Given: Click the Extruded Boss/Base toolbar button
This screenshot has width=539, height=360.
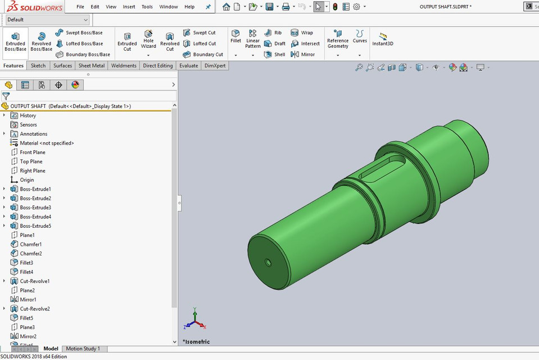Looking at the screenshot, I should pyautogui.click(x=15, y=42).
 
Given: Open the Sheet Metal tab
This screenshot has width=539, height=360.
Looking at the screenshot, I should pyautogui.click(x=91, y=66).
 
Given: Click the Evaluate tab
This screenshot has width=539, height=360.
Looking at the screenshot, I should pyautogui.click(x=188, y=66).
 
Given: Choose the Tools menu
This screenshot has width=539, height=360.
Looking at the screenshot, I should pyautogui.click(x=147, y=7).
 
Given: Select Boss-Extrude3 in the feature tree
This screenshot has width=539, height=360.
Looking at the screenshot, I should pyautogui.click(x=35, y=208).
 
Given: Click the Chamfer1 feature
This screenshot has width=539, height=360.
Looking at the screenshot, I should pyautogui.click(x=30, y=244).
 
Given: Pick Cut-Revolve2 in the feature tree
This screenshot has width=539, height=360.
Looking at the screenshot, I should pyautogui.click(x=35, y=309).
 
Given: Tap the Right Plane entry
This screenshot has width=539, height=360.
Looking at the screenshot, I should pyautogui.click(x=33, y=170).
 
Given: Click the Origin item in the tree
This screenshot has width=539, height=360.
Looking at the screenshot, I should pyautogui.click(x=27, y=180).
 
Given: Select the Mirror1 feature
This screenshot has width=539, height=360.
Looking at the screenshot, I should pyautogui.click(x=28, y=299).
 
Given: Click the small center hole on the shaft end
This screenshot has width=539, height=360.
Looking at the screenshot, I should pyautogui.click(x=268, y=262).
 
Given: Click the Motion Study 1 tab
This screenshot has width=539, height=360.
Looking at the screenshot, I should pyautogui.click(x=83, y=349).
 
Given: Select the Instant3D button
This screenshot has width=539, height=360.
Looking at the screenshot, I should pyautogui.click(x=382, y=39).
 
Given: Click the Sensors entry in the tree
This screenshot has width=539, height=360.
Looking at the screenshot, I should pyautogui.click(x=28, y=125).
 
